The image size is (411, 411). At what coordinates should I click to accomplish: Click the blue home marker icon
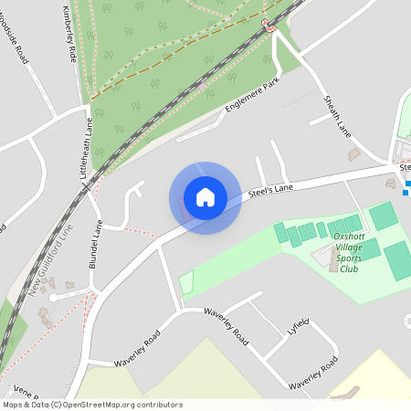[x=205, y=197]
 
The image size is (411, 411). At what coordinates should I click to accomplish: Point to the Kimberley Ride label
[x=68, y=31]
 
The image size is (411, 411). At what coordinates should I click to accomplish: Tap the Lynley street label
[x=299, y=327]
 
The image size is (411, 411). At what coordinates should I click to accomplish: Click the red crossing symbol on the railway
[x=269, y=25]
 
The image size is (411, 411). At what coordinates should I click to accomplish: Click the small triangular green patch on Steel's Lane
[x=187, y=283]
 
